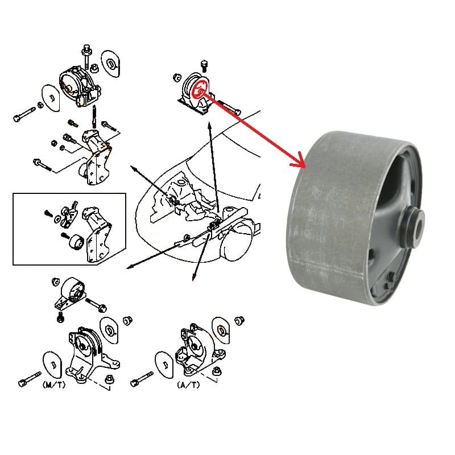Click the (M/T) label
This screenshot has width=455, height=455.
54,385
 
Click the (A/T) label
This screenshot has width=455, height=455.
188,385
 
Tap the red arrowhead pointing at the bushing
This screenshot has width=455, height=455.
299,163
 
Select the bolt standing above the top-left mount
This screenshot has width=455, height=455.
87,56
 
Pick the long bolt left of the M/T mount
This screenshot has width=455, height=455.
30,378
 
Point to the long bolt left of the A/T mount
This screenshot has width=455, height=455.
142,378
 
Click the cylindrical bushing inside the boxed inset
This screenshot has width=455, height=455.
77,242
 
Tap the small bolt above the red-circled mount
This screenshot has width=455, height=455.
204,66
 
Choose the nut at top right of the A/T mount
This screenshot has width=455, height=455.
239,321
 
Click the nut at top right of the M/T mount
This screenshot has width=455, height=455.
127,320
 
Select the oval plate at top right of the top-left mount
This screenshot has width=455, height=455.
110,64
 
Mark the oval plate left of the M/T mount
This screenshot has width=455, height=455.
53,364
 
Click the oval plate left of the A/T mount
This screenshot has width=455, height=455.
165,364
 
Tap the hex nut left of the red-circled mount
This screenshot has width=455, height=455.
177,78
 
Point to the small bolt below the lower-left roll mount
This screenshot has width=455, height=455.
61,317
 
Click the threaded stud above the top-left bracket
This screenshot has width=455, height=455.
94,117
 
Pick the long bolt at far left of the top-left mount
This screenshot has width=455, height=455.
24,114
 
